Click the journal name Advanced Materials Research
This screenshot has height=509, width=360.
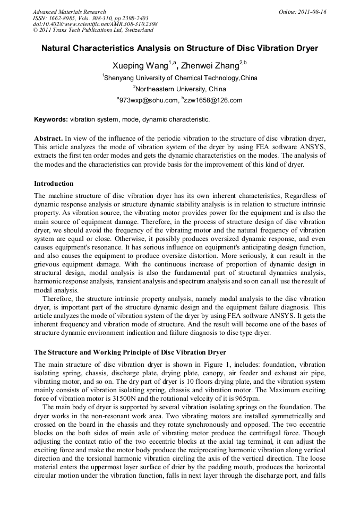[69, 12]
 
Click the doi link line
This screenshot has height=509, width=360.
[95, 24]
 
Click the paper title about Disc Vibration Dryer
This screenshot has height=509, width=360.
[179, 48]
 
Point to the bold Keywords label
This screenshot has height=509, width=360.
[51, 119]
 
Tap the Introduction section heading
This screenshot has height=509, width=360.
[54, 184]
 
